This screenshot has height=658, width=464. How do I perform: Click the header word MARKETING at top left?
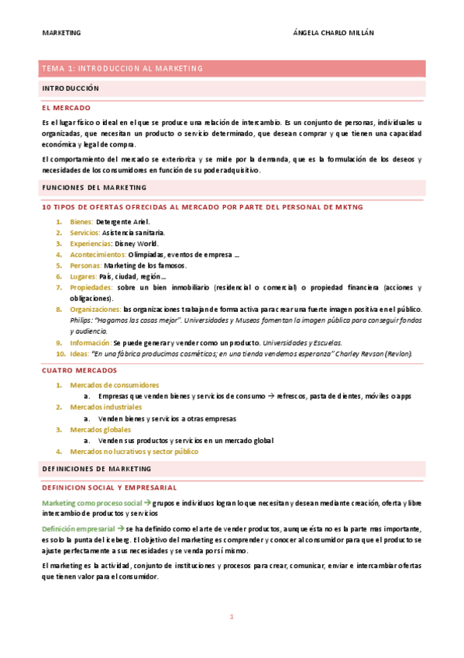pos(61,33)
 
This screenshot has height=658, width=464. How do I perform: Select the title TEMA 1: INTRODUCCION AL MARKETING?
pos(122,68)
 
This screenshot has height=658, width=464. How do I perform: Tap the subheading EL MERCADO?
pos(67,108)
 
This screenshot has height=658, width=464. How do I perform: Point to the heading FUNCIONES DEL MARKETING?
pos(94,188)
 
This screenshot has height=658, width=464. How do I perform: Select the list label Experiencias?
pos(91,243)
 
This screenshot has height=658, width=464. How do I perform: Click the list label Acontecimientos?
pos(98,254)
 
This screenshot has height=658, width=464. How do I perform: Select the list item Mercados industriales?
pos(105,407)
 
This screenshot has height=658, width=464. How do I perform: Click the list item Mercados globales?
pos(101,429)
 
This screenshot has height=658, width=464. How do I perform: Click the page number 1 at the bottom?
pos(231,617)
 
